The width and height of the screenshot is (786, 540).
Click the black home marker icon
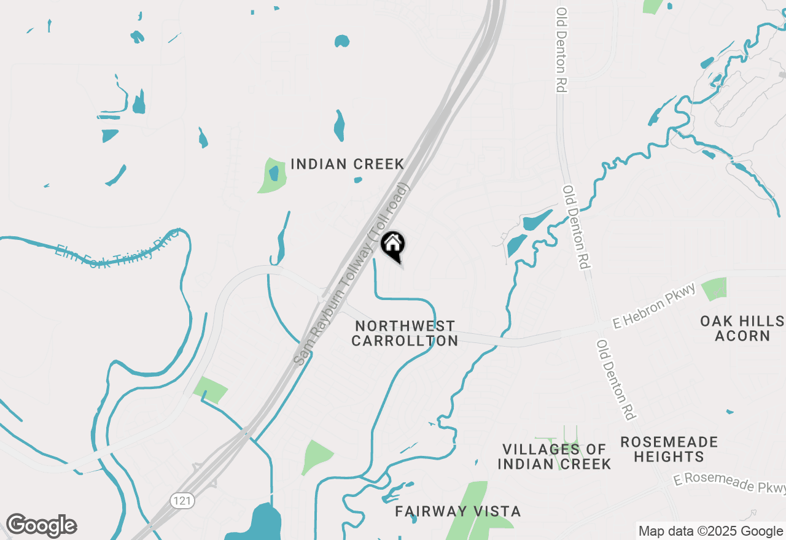click(x=393, y=245)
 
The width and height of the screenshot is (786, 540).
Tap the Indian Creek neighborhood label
click(x=347, y=164)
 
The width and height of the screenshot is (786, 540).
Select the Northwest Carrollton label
click(x=405, y=333)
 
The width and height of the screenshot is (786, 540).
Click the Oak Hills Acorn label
click(x=742, y=328)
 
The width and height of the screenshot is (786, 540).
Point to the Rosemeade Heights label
click(x=669, y=449)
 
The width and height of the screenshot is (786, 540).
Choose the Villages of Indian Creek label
click(x=554, y=457)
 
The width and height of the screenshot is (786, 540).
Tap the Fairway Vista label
click(x=457, y=511)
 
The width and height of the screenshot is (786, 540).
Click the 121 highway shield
click(x=183, y=501)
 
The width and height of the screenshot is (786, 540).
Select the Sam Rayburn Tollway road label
click(x=352, y=275)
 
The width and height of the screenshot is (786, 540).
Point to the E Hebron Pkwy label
click(x=653, y=306)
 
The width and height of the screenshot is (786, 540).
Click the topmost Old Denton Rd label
click(x=560, y=50)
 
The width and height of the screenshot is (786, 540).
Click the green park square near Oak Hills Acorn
click(x=714, y=288)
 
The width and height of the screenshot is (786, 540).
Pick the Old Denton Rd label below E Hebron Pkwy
click(x=615, y=380)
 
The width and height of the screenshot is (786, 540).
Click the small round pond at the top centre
click(x=342, y=41)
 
